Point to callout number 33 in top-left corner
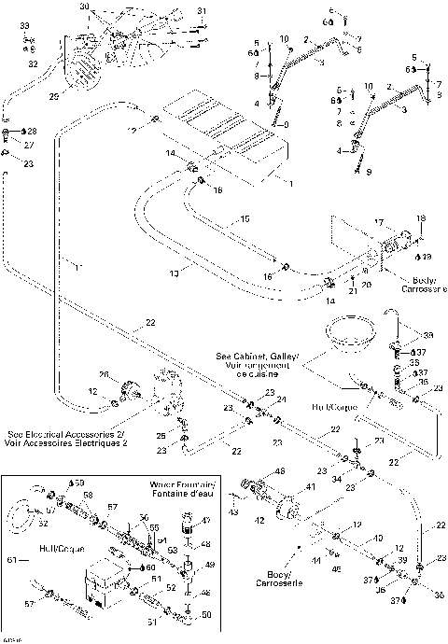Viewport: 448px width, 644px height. (25, 23)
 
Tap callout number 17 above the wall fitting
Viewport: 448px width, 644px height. (379, 221)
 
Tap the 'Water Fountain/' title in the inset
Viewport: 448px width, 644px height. (182, 485)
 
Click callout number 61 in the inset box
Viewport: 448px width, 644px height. (11, 561)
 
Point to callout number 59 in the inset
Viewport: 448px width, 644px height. (77, 481)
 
